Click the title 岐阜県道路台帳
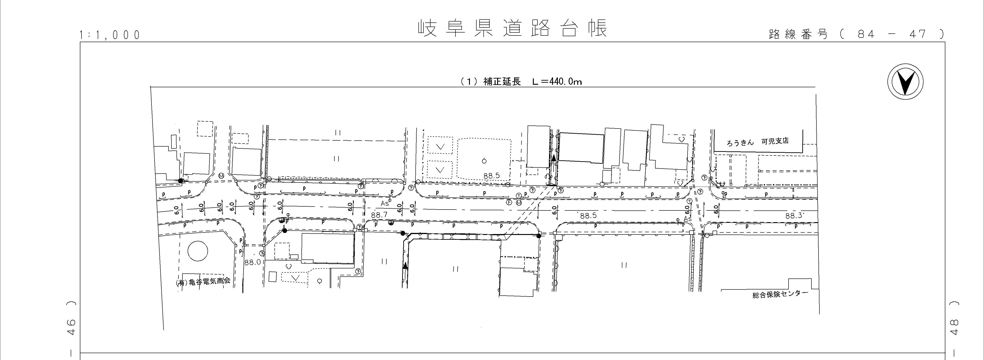click(512, 29)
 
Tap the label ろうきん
click(740, 142)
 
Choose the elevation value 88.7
click(379, 215)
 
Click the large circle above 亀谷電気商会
click(198, 251)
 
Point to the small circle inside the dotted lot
click(484, 161)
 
